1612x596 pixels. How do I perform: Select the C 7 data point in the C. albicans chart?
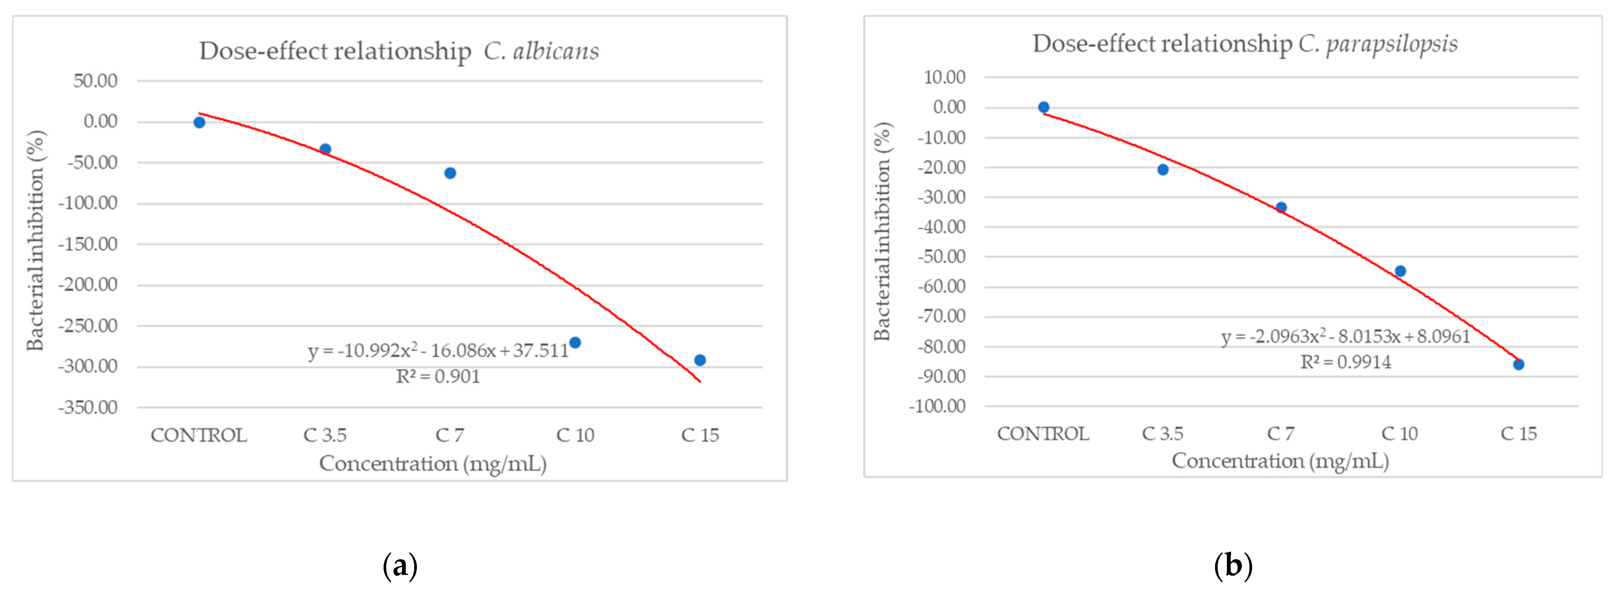point(450,173)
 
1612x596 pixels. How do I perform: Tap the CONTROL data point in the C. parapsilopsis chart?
point(1043,107)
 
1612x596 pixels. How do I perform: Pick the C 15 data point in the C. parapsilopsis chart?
point(1518,364)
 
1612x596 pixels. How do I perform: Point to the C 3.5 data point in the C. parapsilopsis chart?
point(1163,170)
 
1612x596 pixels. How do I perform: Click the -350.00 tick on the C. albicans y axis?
point(88,408)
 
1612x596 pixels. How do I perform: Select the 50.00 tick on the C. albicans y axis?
point(95,81)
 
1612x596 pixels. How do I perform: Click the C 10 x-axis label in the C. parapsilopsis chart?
point(1399,433)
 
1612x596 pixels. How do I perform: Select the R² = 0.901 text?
point(438,376)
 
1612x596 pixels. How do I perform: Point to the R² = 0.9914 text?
point(1345,362)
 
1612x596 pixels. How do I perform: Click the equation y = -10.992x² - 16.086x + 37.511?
point(438,351)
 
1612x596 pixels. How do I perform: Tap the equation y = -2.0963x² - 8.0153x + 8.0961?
point(1345,337)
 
